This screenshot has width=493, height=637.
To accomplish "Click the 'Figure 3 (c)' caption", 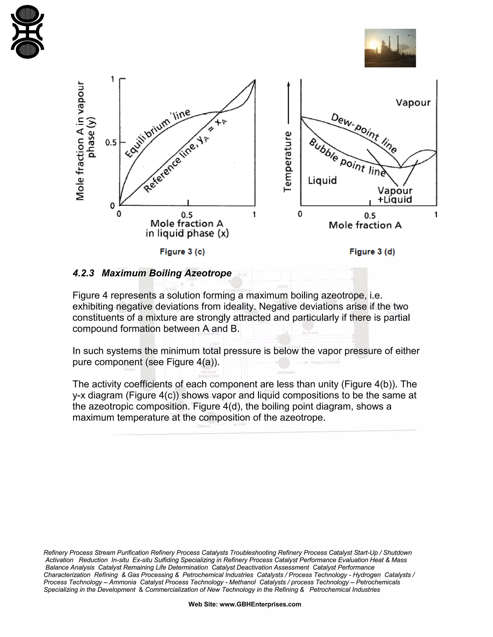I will (x=182, y=252).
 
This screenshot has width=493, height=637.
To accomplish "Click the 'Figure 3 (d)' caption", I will (x=372, y=252).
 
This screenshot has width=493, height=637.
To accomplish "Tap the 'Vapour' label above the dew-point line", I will (x=413, y=103).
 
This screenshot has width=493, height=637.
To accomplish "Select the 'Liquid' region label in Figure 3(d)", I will (x=322, y=180).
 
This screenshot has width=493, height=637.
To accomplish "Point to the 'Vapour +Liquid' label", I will (x=395, y=195).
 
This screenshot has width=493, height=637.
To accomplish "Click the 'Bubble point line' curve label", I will (x=347, y=158).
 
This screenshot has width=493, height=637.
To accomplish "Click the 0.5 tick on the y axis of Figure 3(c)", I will (x=111, y=143).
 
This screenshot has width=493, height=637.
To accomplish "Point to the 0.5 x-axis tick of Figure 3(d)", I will (x=370, y=216).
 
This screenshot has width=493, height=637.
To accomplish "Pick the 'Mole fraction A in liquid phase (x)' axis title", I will (x=187, y=228).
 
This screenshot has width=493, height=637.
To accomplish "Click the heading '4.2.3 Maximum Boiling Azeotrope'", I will (x=152, y=273).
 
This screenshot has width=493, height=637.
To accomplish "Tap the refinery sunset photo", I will (x=390, y=48).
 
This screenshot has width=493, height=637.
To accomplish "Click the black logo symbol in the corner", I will (x=27, y=32).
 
